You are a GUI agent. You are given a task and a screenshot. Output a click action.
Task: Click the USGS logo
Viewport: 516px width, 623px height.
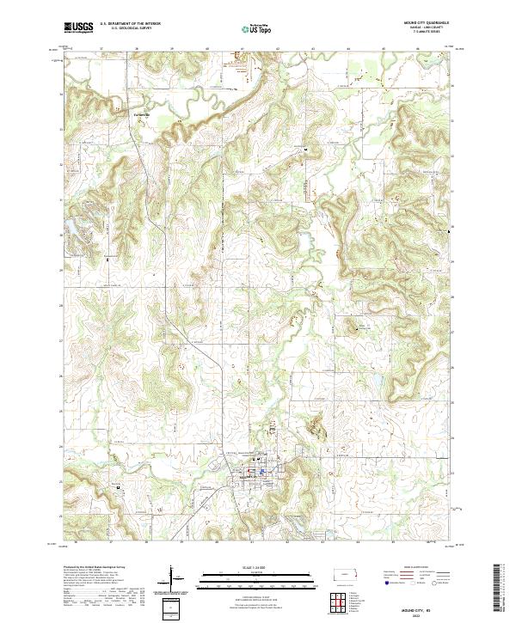pyautogui.click(x=78, y=27)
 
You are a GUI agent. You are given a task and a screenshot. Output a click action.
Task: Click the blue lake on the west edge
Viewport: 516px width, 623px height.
pyautogui.click(x=68, y=229)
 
